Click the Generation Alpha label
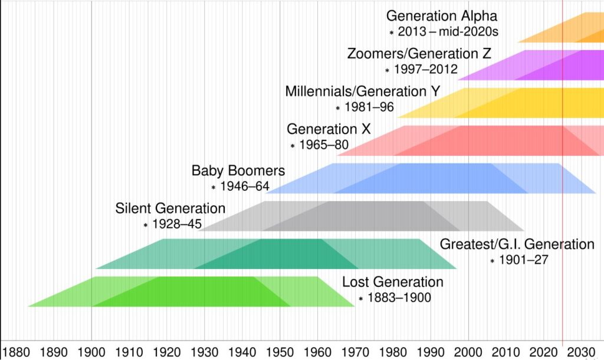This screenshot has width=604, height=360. coord(442,16)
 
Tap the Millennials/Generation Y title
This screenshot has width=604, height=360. coord(363,91)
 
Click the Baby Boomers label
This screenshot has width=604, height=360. coord(238,171)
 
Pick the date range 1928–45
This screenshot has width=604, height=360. coord(178,225)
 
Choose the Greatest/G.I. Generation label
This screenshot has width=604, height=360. coord(517,244)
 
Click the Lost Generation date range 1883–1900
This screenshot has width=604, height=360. coord(399,298)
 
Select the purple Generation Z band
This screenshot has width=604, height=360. coord(531,65)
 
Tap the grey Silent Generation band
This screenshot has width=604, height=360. coord(366,215)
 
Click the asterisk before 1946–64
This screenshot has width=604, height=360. coord(214,187)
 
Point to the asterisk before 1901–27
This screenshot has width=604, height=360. coord(492,261)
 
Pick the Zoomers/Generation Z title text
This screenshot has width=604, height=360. coord(419,54)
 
